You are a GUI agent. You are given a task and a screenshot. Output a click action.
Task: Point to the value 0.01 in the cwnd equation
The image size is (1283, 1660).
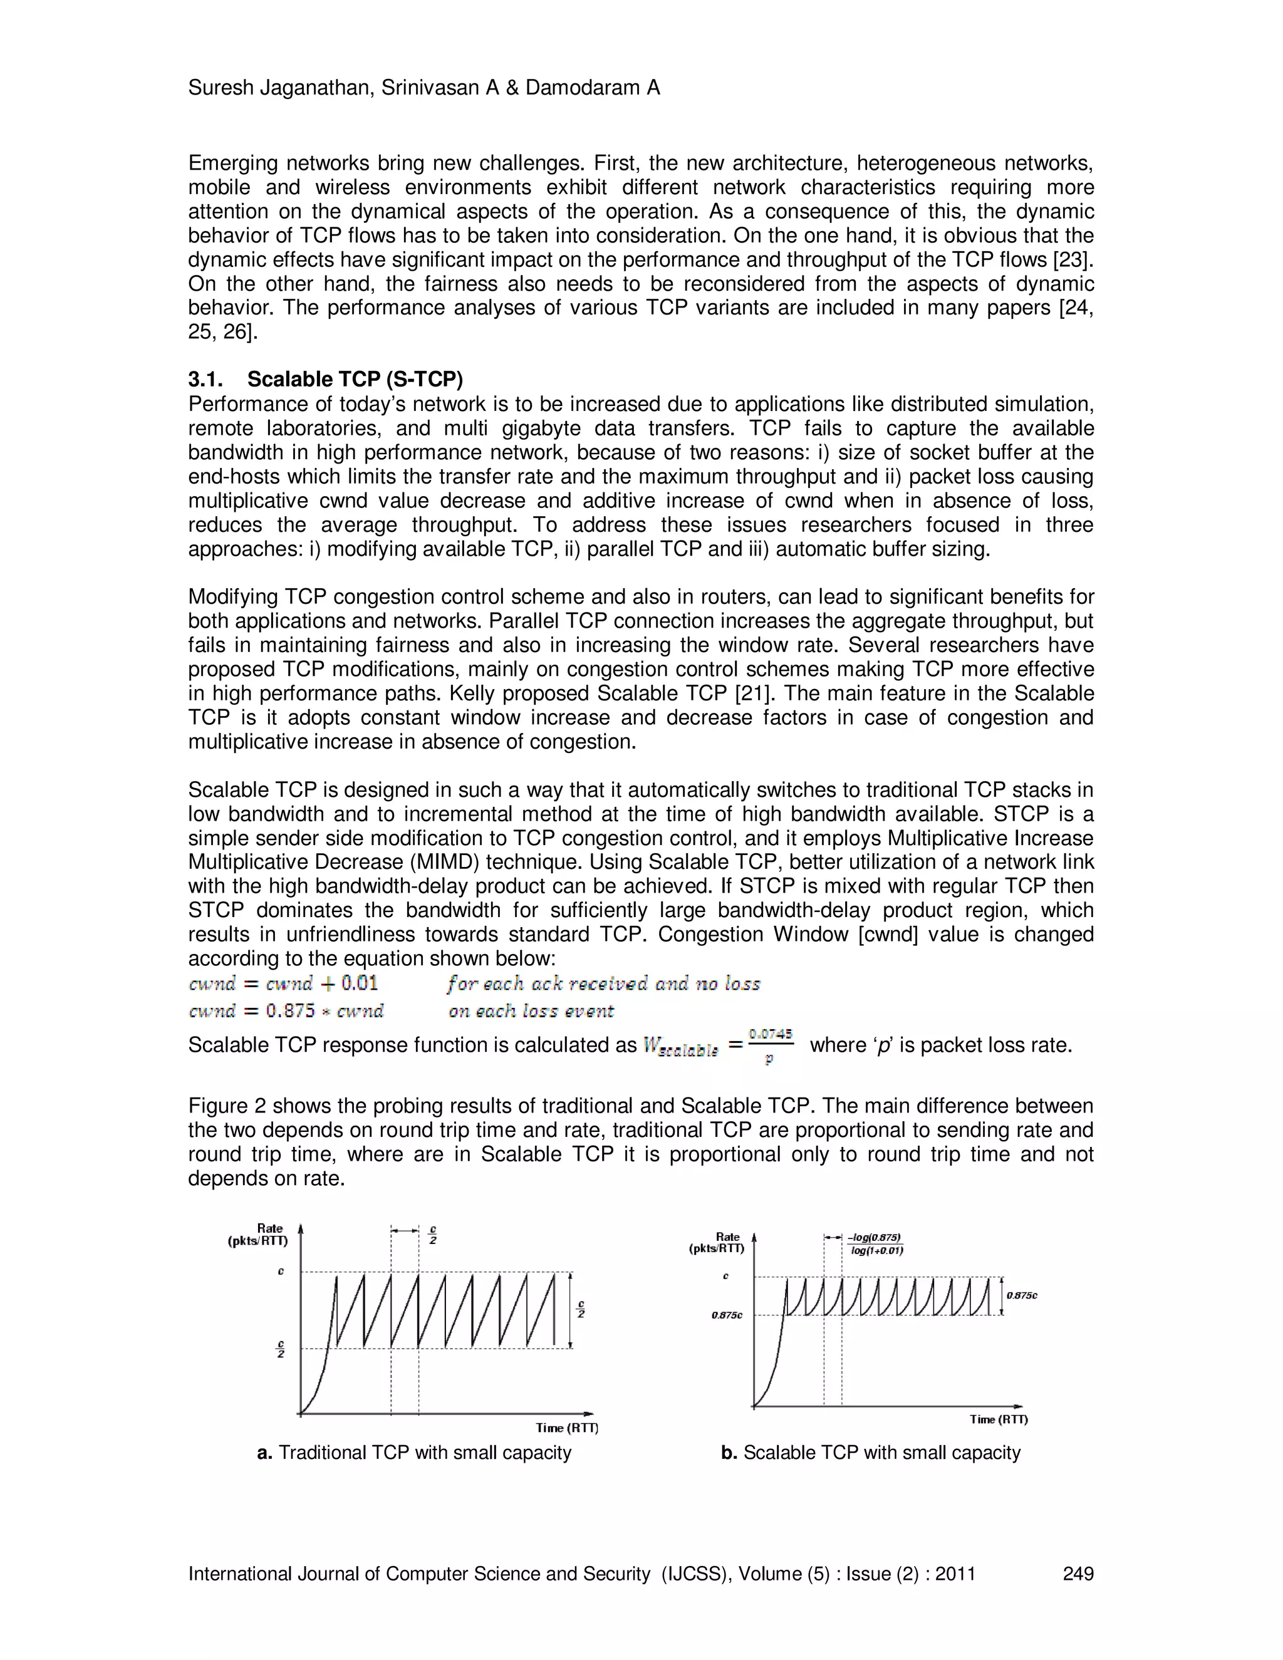(x=359, y=983)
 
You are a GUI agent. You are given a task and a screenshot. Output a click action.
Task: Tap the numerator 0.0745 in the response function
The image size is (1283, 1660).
(x=771, y=1034)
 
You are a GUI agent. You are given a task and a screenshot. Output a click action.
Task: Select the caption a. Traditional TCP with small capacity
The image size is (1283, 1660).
(x=414, y=1453)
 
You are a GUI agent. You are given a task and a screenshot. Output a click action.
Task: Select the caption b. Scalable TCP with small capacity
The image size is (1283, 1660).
(x=870, y=1453)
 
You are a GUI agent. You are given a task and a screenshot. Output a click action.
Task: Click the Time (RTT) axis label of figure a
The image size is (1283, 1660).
(x=567, y=1428)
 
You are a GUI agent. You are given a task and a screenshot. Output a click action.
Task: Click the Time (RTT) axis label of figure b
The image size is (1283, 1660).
(x=999, y=1419)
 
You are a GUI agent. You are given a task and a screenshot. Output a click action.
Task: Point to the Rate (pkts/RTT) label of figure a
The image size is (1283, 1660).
(x=259, y=1235)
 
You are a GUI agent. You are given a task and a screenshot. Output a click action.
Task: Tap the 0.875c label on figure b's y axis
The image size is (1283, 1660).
(x=727, y=1315)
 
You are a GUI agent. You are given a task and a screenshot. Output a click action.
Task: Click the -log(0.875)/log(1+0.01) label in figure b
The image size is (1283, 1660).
(x=876, y=1244)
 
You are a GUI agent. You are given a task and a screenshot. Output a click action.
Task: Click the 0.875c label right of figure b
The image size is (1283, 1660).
(x=1022, y=1295)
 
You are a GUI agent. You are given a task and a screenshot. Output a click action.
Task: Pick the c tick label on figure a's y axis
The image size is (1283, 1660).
(x=281, y=1272)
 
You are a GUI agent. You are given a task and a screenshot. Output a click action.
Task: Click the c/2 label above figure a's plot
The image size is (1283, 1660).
(x=432, y=1235)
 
